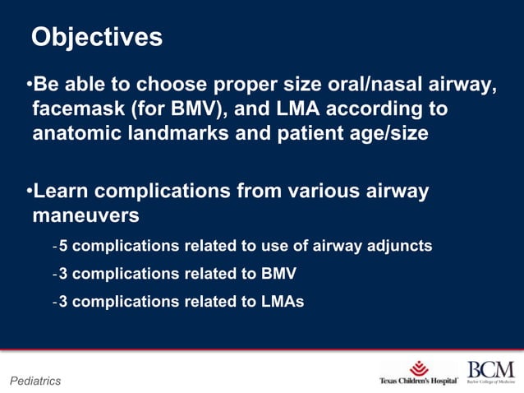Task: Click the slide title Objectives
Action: coord(96,38)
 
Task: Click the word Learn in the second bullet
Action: coord(60,192)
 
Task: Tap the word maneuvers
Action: coord(85,216)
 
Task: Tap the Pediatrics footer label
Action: coord(34,381)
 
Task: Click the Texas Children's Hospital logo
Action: coord(418,372)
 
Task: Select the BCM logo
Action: coord(490,372)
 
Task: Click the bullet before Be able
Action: coord(29,86)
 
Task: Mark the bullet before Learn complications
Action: coord(29,192)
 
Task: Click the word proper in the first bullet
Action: coord(243,86)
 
